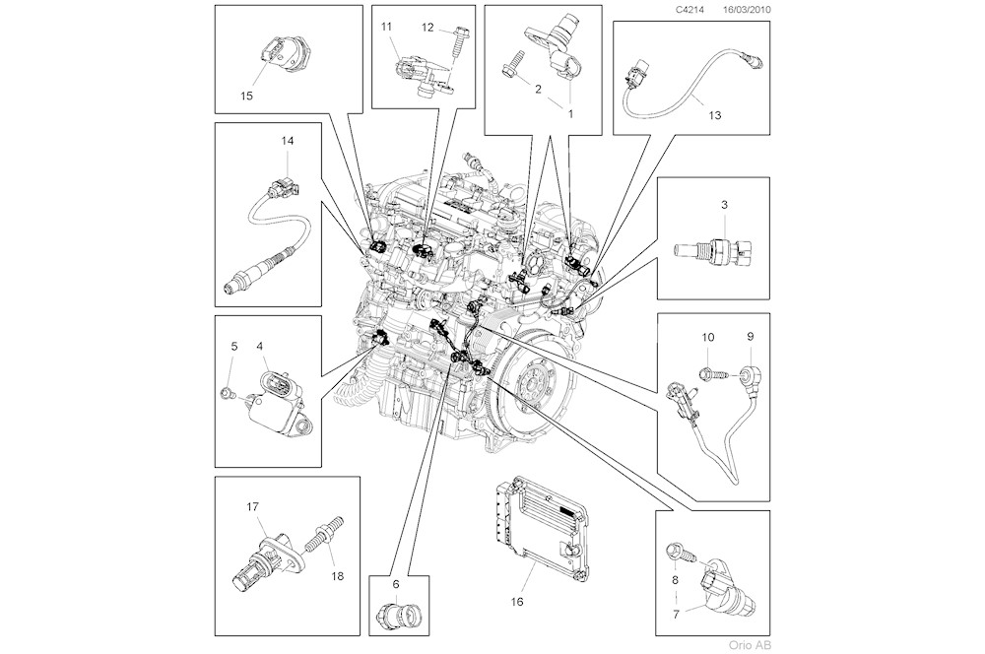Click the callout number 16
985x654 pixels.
click(x=517, y=600)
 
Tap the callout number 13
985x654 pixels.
click(x=714, y=115)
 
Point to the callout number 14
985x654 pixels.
click(x=287, y=141)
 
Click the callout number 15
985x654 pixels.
click(x=246, y=96)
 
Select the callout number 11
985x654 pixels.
click(x=388, y=26)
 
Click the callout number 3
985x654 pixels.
click(x=724, y=204)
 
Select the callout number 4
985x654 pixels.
click(x=260, y=347)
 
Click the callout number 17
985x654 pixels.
click(x=252, y=506)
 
